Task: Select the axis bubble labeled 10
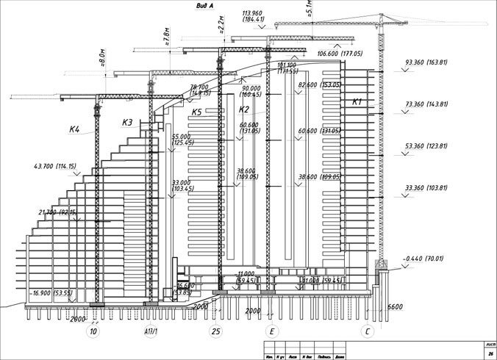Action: point(93,332)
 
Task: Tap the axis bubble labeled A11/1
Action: point(152,332)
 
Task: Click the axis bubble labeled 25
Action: point(215,332)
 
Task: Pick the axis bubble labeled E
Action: point(273,332)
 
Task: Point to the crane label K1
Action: point(358,101)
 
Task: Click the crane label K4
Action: point(74,129)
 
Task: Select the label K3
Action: point(127,123)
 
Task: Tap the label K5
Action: point(196,112)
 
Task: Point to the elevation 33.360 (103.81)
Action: point(426,189)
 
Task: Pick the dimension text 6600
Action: point(395,306)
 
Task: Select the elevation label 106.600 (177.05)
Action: point(340,54)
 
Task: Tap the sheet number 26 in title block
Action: point(490,353)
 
